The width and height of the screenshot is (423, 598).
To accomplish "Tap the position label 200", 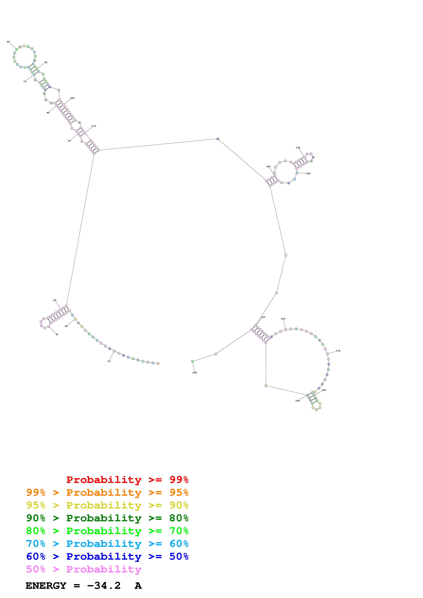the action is [x=194, y=372].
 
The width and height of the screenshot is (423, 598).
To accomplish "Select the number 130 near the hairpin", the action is [x=298, y=148].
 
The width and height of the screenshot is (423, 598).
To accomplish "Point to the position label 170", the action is [x=338, y=351].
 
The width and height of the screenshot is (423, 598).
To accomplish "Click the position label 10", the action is [x=109, y=361].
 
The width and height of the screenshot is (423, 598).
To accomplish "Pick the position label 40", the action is [x=55, y=300].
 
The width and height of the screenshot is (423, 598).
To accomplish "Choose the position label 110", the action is [x=94, y=126].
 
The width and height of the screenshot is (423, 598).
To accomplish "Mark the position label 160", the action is [x=283, y=319].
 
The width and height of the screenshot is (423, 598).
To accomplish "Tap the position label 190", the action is [x=297, y=401].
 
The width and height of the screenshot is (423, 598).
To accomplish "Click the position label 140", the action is [x=308, y=174].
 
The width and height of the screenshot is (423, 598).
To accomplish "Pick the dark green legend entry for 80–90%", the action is [x=107, y=518].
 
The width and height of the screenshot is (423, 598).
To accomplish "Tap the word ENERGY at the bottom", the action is [x=46, y=586].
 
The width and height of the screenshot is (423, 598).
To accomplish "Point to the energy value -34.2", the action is [x=104, y=586].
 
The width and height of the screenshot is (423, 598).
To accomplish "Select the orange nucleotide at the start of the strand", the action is [x=158, y=363].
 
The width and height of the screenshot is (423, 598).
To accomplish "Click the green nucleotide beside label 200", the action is [x=192, y=362].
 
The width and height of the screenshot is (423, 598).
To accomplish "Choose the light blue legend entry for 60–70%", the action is [x=107, y=544].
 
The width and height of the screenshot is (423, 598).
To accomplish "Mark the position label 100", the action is [x=72, y=98].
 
